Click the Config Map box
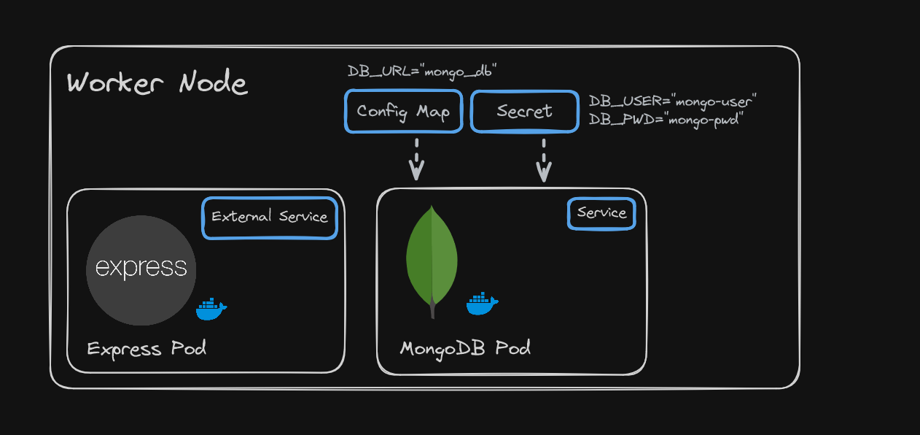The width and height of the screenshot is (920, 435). point(403,112)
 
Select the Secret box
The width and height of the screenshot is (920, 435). point(524,112)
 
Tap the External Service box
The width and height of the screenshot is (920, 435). point(270,217)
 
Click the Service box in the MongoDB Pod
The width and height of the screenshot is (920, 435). point(601,213)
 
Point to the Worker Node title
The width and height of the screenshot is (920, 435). point(157,83)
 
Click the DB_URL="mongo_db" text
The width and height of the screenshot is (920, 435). point(422,72)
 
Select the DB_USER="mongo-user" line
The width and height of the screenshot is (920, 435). point(673,101)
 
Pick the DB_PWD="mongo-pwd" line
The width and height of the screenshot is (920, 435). point(665,120)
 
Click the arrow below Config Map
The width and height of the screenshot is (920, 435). point(416,159)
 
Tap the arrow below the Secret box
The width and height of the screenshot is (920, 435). point(544,161)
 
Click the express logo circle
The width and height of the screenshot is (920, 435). point(141,270)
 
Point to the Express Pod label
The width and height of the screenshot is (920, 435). point(147,348)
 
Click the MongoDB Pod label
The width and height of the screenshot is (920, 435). point(465,348)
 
